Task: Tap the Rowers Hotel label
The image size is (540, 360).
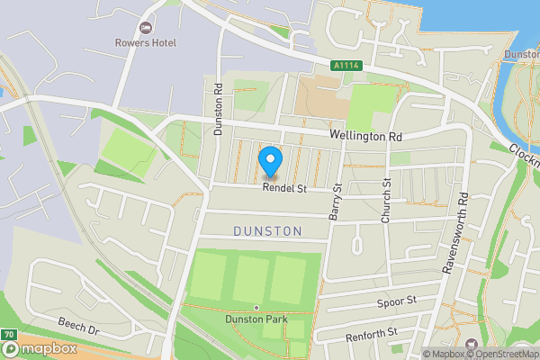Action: tap(146, 42)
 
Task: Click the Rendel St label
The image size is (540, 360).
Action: tap(285, 189)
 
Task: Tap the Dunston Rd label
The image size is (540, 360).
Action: tap(219, 109)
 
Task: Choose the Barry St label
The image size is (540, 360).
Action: tap(337, 202)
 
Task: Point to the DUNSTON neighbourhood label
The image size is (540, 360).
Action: tap(267, 231)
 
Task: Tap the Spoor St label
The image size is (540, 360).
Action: tap(397, 300)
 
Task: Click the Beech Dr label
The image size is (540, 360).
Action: tap(77, 323)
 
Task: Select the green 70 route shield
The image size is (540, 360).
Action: tap(8, 335)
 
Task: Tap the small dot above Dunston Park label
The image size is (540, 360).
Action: tap(256, 307)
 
